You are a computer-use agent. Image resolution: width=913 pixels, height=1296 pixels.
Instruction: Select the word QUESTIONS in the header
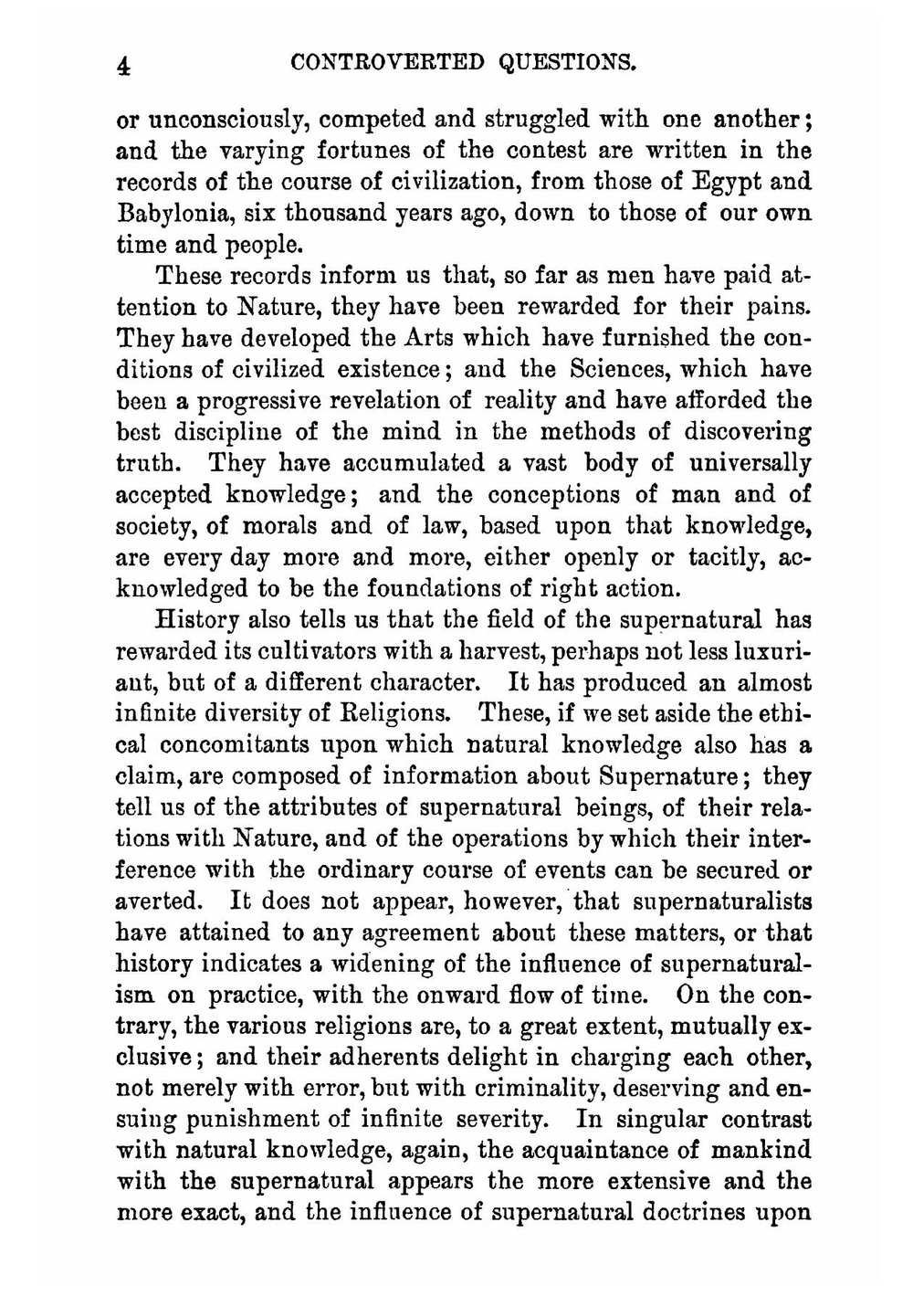[566, 63]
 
